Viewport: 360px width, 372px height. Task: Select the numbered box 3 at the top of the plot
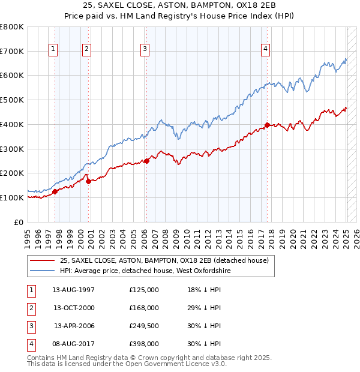click(x=145, y=49)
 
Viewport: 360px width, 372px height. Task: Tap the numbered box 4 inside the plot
click(x=265, y=49)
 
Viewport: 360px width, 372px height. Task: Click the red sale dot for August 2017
click(x=268, y=125)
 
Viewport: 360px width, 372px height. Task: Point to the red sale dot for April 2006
click(x=146, y=161)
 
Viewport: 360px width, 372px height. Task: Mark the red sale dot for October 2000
click(x=88, y=181)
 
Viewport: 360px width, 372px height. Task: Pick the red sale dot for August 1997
click(x=55, y=191)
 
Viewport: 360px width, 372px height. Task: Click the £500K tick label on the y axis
click(x=12, y=100)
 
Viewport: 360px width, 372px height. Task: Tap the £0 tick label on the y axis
click(x=18, y=222)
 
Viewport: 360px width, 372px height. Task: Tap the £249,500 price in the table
click(x=144, y=326)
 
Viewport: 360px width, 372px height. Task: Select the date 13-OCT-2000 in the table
click(x=74, y=308)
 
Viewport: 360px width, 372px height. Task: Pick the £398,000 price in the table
click(x=144, y=344)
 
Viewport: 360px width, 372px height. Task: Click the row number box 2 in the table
click(x=31, y=308)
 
